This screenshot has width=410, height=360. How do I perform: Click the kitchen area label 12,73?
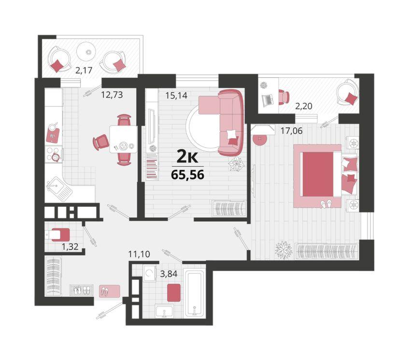click(x=112, y=94)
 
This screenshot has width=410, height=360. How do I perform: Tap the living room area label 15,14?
click(x=176, y=96)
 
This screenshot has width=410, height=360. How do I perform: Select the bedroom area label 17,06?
click(x=291, y=130)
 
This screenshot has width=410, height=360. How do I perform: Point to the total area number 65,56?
click(x=187, y=174)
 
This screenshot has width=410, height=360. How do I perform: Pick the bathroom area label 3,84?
click(x=169, y=274)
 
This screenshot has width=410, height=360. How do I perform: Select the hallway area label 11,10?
click(x=140, y=254)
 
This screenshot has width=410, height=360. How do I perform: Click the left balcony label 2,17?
click(x=84, y=70)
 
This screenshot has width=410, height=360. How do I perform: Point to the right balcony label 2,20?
click(x=304, y=106)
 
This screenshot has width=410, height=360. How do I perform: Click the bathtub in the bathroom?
click(x=194, y=293)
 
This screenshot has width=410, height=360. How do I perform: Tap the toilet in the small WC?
click(x=58, y=235)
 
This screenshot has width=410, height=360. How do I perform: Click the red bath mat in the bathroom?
click(x=174, y=292)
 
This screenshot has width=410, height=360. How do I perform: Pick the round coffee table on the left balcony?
click(x=87, y=52)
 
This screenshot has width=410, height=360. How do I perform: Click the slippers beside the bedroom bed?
click(x=326, y=203)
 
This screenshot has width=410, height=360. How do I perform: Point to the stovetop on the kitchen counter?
click(x=54, y=154)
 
